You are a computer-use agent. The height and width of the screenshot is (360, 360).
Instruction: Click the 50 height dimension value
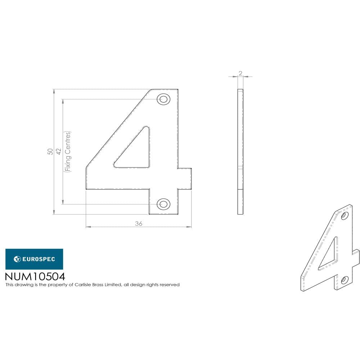tap(50, 152)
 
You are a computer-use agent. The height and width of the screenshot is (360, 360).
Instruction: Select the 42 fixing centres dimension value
tap(59, 152)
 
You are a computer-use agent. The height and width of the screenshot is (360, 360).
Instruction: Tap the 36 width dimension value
tap(139, 224)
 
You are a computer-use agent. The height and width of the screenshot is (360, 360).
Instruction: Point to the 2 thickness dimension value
tap(240, 73)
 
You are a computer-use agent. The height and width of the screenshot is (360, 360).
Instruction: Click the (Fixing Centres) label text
tap(68, 152)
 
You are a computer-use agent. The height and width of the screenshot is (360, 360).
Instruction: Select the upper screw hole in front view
tap(163, 99)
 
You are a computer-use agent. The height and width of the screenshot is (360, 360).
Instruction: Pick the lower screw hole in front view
tap(163, 204)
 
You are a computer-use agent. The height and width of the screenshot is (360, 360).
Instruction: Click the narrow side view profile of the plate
tap(240, 152)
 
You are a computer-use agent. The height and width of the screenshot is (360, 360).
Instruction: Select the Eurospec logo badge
tap(34, 259)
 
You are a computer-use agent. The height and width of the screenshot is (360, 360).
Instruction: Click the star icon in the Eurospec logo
tap(17, 259)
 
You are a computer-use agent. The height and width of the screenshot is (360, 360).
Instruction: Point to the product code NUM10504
tap(35, 276)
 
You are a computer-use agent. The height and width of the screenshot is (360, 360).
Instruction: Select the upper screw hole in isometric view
tap(345, 216)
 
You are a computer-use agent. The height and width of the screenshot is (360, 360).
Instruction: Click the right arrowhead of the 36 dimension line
tap(190, 227)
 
